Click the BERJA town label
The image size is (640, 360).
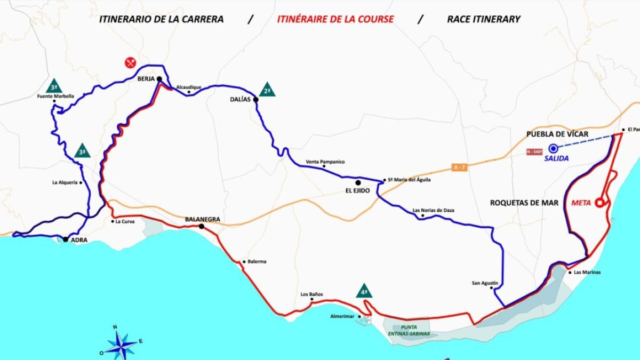coord(145,78)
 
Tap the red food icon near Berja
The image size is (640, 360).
coord(131,63)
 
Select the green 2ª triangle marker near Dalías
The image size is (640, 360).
coord(267,90)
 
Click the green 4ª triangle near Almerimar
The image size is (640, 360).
coord(364,291)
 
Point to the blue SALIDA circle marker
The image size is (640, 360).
coord(554,148)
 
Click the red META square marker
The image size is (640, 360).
coord(599,202)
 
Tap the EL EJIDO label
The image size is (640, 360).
coord(358,190)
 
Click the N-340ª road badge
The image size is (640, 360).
coord(535,151)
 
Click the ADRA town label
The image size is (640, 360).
coord(79,240)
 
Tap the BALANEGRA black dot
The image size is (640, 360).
coord(202,227)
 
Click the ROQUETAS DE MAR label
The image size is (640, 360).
coord(524,203)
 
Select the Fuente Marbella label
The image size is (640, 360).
coord(55,97)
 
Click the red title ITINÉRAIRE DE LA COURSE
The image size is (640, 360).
coord(335,19)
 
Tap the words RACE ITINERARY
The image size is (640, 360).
coord(483,19)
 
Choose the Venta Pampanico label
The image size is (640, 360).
coord(325,162)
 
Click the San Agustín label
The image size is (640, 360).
coord(485,283)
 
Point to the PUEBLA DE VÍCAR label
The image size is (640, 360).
coord(557,134)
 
